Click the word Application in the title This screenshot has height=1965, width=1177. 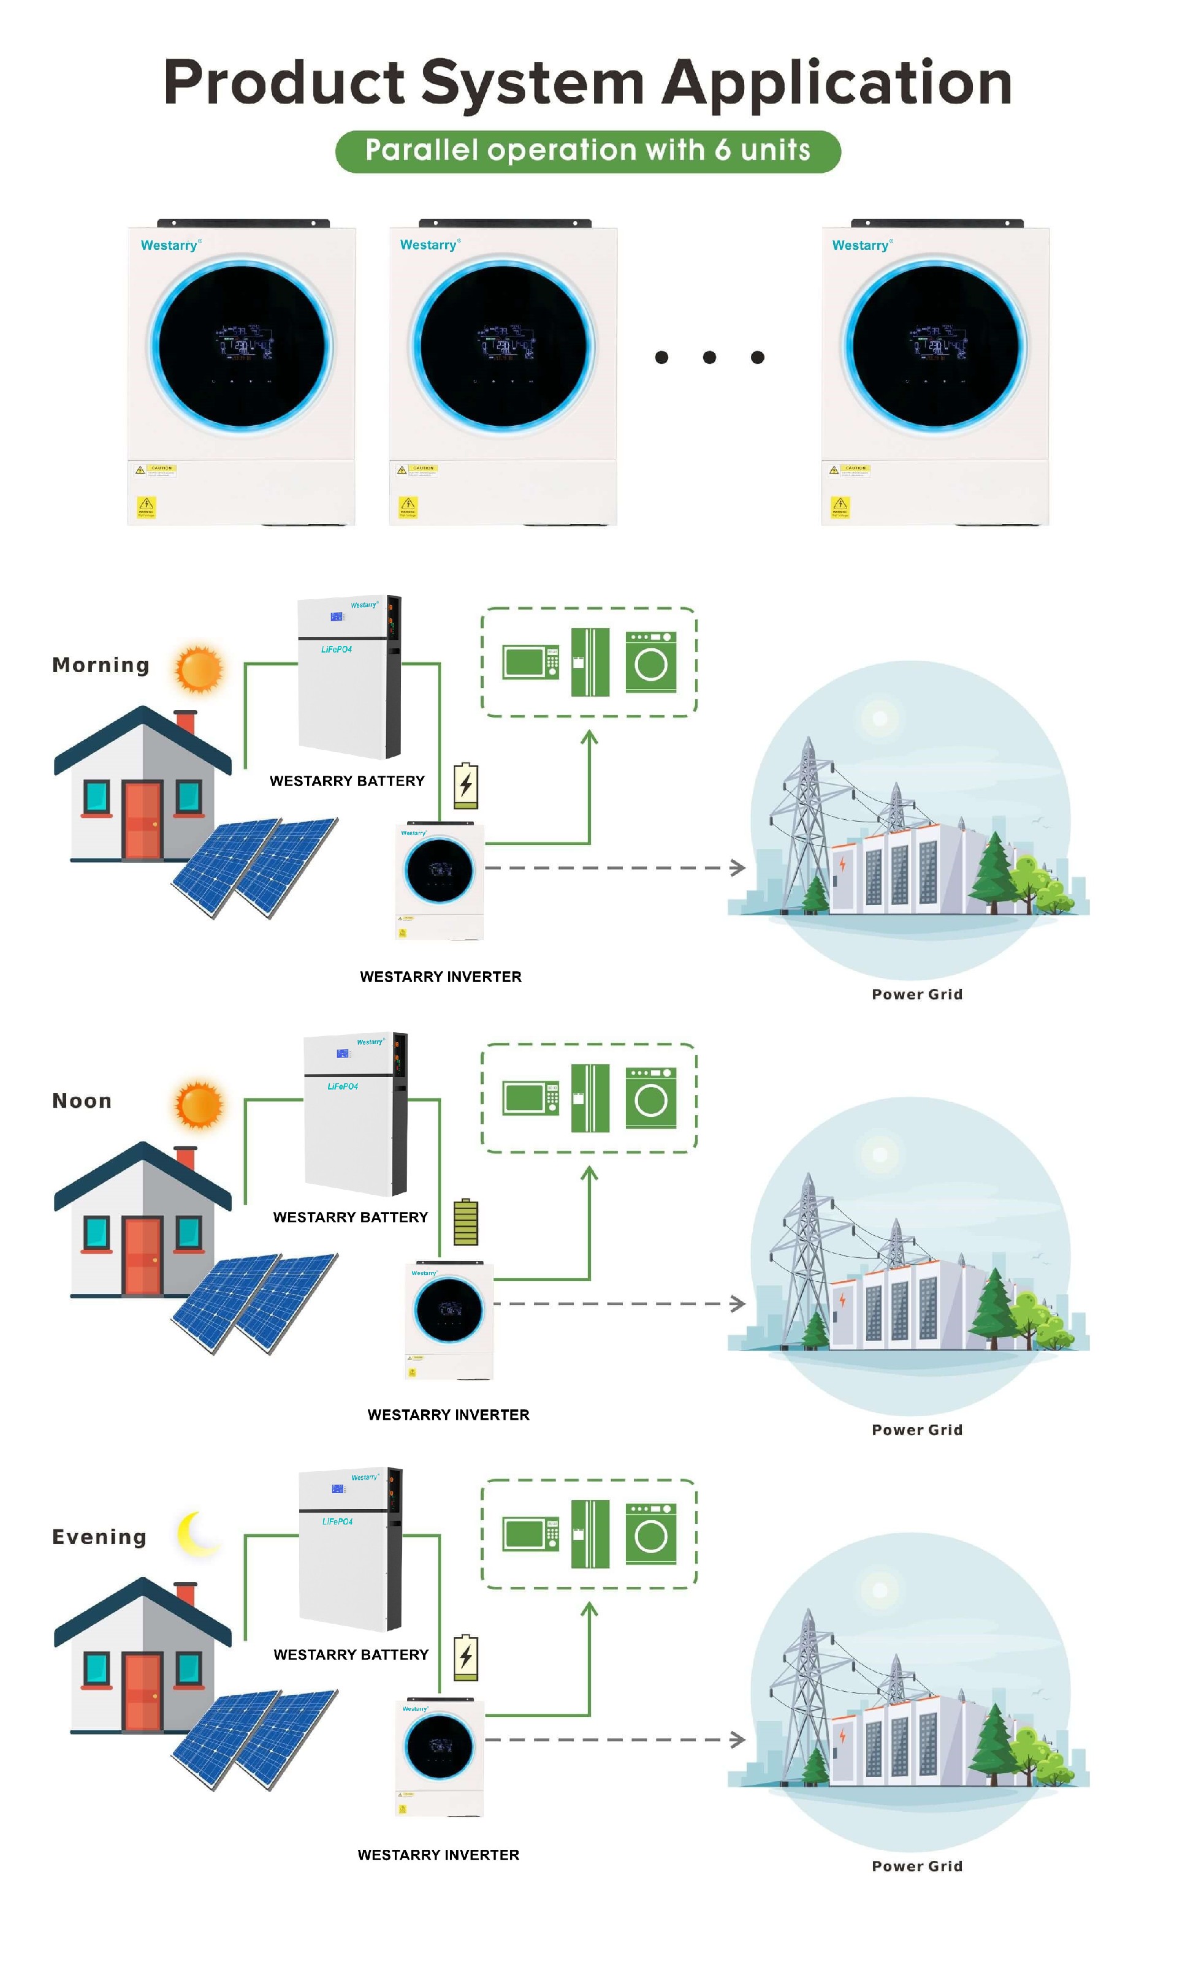pos(837,83)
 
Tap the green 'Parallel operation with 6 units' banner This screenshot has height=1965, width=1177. pos(588,151)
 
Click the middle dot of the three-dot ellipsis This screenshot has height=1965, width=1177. pos(709,357)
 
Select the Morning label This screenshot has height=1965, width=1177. pos(101,665)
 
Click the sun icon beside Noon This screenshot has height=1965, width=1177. pos(199,1104)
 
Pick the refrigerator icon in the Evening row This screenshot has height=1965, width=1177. pos(590,1534)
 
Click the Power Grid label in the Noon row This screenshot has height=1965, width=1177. pos(917,1430)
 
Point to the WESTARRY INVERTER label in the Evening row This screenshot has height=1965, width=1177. pos(438,1855)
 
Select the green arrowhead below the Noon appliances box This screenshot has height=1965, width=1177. pos(588,1173)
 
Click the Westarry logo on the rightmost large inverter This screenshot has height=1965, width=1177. pos(861,246)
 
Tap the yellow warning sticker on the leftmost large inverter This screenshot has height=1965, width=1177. pos(147,505)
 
